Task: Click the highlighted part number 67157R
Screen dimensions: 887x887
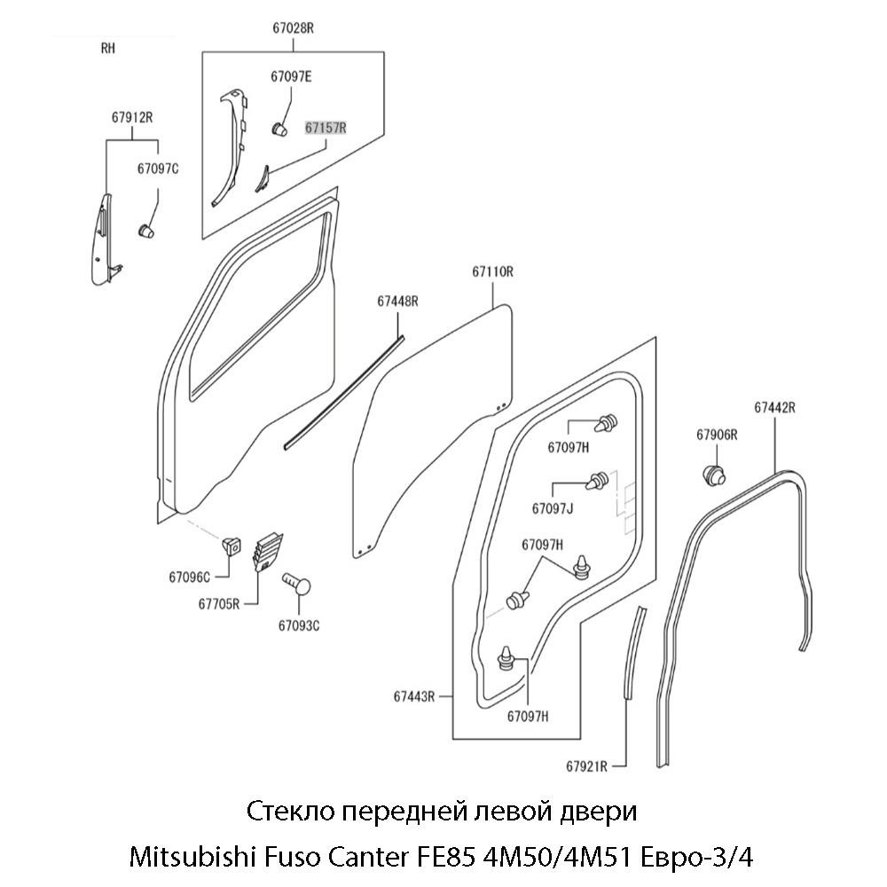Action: tap(326, 128)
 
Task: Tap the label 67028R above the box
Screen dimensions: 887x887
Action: tap(293, 28)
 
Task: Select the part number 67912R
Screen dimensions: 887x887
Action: tap(133, 117)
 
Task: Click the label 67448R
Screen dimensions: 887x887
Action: tap(397, 302)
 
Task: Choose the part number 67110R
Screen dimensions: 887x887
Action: tap(492, 272)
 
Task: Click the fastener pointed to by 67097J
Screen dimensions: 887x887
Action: tap(597, 482)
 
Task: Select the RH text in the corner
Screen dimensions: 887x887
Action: tap(108, 50)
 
